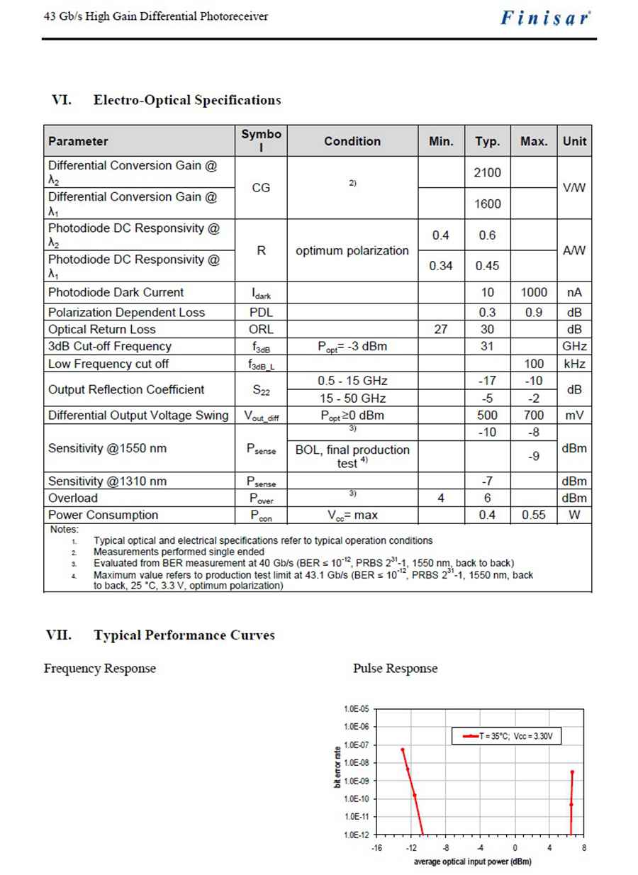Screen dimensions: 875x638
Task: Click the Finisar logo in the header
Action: click(545, 18)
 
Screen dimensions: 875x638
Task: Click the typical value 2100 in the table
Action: click(488, 172)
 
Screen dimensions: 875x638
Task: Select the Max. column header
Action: click(534, 141)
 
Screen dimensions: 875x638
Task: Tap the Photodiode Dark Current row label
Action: click(116, 292)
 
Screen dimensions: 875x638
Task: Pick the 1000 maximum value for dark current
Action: click(533, 292)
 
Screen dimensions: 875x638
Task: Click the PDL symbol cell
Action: click(261, 312)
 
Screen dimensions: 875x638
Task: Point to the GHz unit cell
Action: click(574, 346)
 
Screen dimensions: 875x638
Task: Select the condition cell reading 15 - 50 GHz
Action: click(352, 399)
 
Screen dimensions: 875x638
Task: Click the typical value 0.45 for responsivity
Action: click(488, 266)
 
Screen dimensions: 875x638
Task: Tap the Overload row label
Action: click(73, 498)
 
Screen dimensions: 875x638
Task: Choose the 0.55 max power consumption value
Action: click(533, 515)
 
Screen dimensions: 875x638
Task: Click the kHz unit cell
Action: click(574, 364)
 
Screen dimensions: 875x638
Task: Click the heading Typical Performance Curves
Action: click(184, 635)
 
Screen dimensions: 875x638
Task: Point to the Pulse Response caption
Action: click(395, 668)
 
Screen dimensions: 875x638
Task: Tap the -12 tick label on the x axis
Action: click(410, 847)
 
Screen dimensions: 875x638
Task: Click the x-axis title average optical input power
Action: click(472, 862)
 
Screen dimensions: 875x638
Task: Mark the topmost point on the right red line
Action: click(571, 772)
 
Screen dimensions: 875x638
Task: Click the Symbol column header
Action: click(261, 141)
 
